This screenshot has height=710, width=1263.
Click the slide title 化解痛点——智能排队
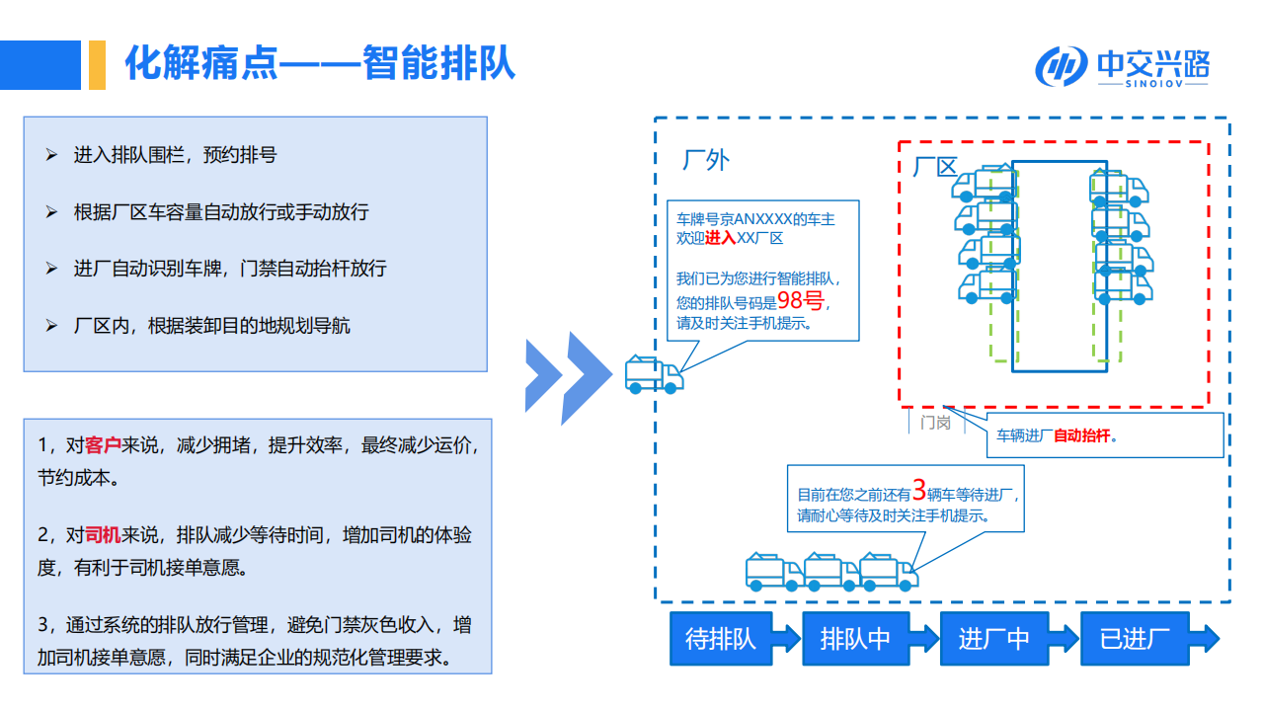click(x=319, y=64)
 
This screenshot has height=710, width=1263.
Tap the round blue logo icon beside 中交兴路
click(x=1062, y=67)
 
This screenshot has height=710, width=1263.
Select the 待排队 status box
click(x=721, y=638)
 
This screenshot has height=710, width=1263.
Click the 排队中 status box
click(x=855, y=638)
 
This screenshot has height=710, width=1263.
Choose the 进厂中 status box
click(x=993, y=638)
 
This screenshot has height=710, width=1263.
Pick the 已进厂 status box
click(x=1135, y=638)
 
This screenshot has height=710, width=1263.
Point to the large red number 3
click(x=918, y=490)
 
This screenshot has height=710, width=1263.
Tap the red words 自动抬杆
click(x=1082, y=435)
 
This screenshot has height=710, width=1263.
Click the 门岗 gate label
click(x=934, y=423)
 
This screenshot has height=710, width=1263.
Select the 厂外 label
click(x=706, y=159)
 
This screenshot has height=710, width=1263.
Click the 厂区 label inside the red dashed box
click(x=934, y=166)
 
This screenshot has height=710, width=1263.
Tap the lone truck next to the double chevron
click(x=653, y=374)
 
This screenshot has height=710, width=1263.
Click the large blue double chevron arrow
click(x=568, y=377)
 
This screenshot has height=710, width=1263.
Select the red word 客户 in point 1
click(x=103, y=445)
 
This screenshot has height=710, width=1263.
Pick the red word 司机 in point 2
click(x=103, y=535)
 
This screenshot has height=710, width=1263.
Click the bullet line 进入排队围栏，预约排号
click(x=174, y=155)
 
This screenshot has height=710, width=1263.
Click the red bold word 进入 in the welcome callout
click(x=720, y=239)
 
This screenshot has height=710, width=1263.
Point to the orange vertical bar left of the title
click(x=97, y=65)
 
